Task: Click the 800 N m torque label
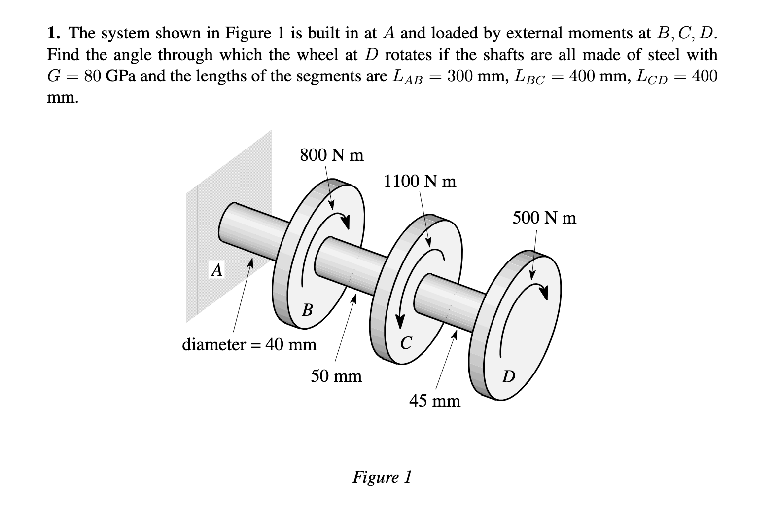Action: [x=331, y=155]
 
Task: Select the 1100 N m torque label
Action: [x=420, y=182]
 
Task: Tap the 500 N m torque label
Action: [x=544, y=218]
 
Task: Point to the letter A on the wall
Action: [x=216, y=270]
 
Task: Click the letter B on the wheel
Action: [x=307, y=310]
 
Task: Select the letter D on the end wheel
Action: [x=508, y=377]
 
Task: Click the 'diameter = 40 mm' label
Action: [x=249, y=344]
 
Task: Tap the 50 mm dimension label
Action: [x=336, y=376]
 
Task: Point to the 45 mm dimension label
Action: [x=435, y=401]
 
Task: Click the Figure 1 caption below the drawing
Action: [x=382, y=477]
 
